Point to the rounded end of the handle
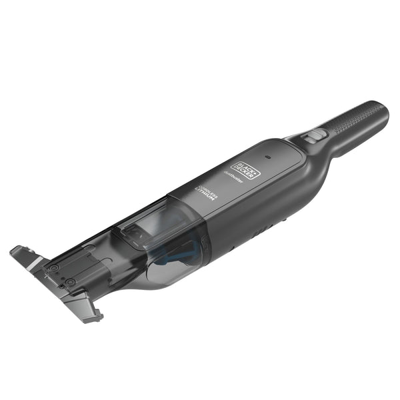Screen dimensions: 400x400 [381, 109]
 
